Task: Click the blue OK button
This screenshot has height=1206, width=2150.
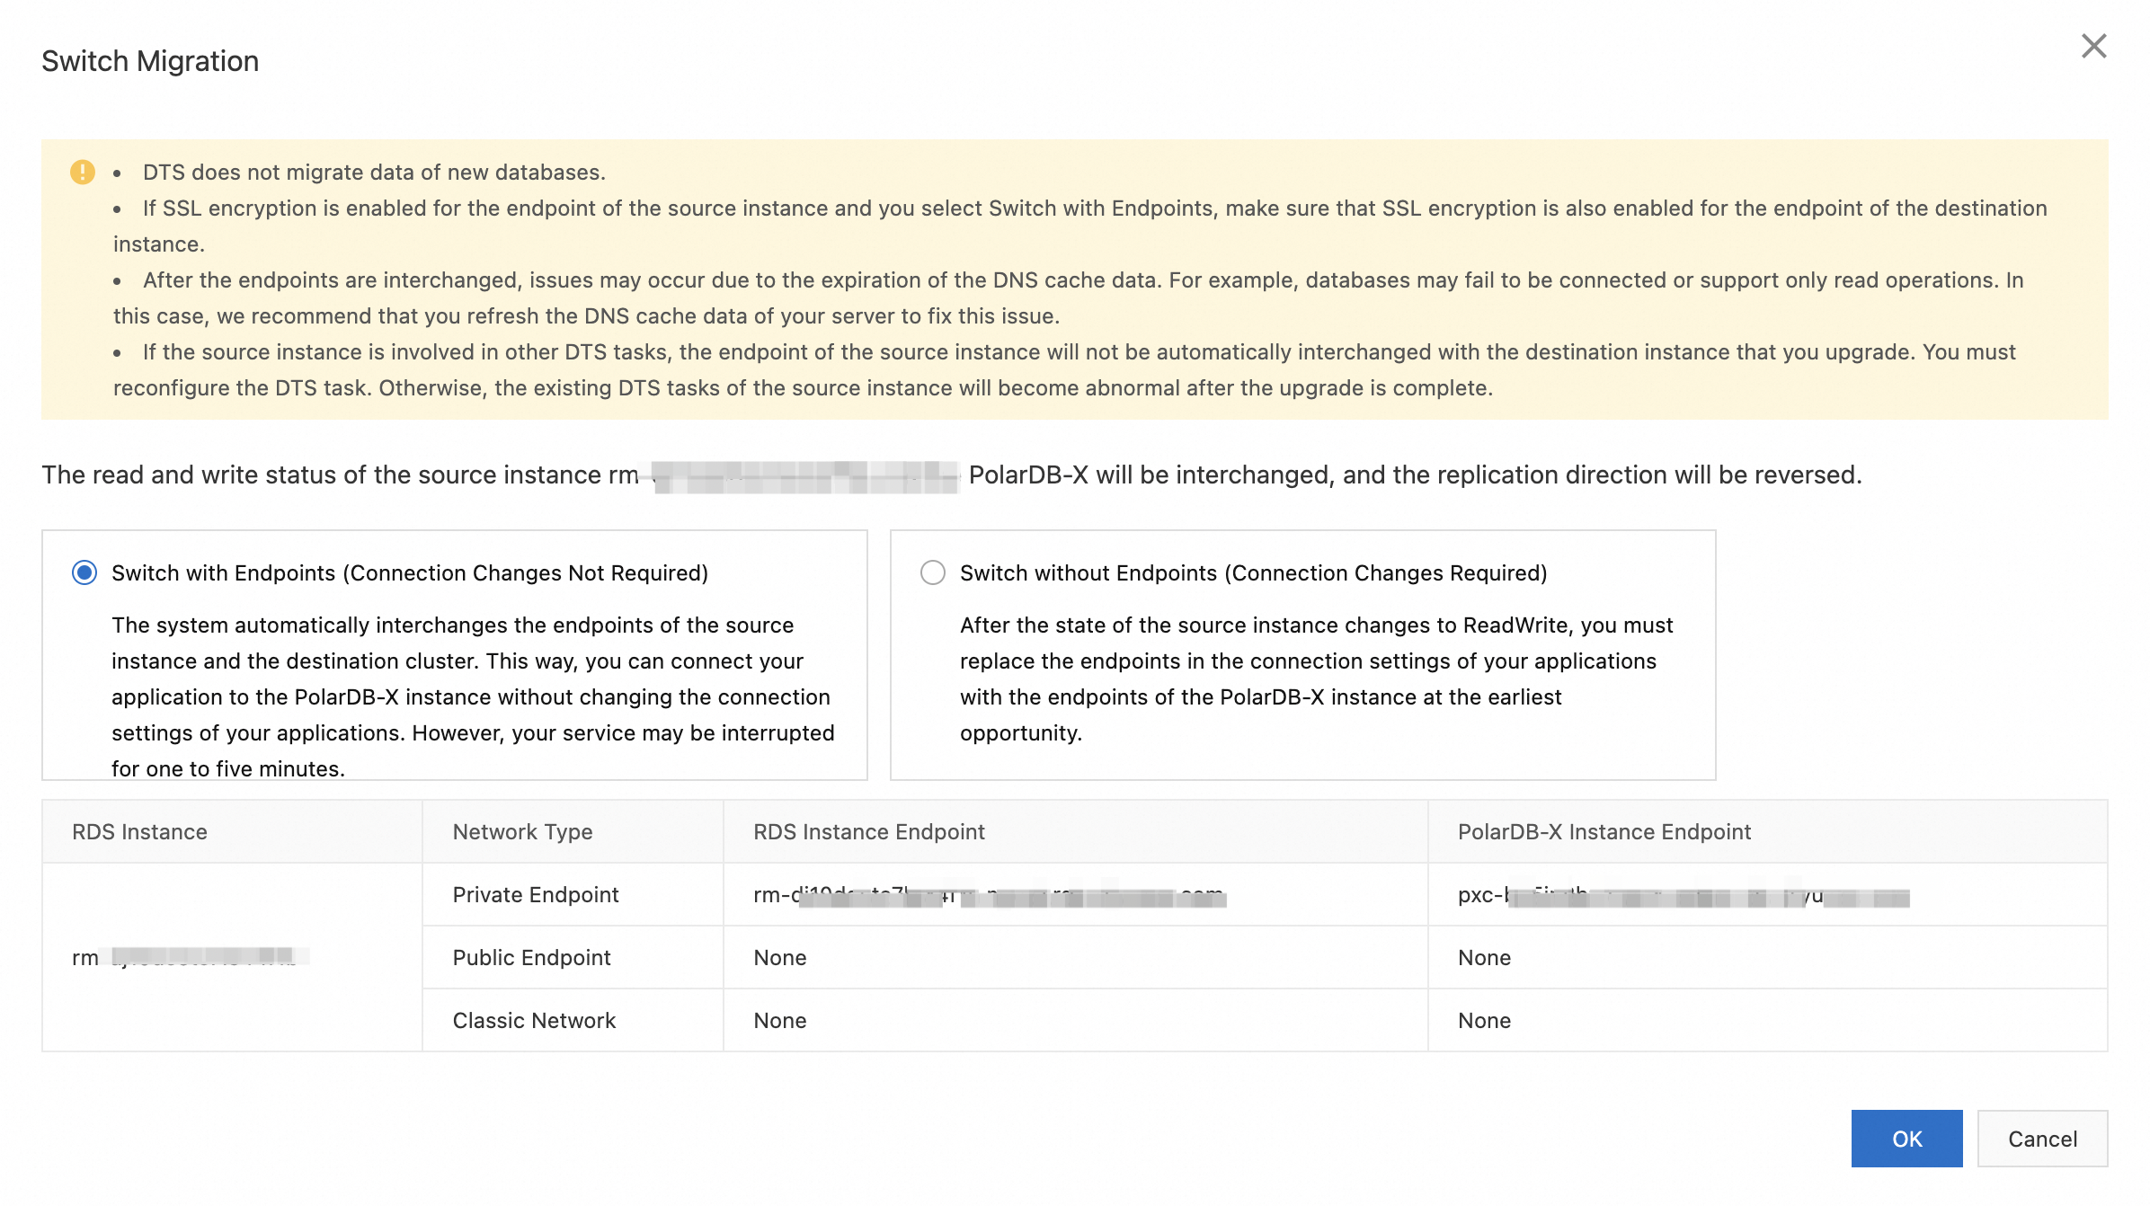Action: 1906,1139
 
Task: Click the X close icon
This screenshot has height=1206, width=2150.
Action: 2093,46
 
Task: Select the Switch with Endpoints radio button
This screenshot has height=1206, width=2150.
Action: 84,572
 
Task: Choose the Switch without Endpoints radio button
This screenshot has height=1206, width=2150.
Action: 932,572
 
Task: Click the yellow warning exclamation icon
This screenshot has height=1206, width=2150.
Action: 83,172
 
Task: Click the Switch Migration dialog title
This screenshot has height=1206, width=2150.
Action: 150,61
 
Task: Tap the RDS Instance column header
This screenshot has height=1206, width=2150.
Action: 139,832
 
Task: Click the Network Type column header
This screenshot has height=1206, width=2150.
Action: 522,832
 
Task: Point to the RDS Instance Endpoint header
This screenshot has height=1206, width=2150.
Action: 868,832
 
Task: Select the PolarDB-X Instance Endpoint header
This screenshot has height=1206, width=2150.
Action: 1604,832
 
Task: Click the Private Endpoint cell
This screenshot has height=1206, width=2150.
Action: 536,895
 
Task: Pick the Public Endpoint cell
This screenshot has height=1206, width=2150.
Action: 531,958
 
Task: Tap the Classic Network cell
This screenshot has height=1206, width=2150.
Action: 534,1021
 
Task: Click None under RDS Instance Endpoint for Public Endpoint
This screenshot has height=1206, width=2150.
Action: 779,958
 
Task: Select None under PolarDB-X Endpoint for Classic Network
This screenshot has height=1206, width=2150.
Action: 1484,1021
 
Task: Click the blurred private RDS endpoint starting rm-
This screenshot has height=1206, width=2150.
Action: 989,896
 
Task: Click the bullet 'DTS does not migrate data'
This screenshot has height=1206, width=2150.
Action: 374,173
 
